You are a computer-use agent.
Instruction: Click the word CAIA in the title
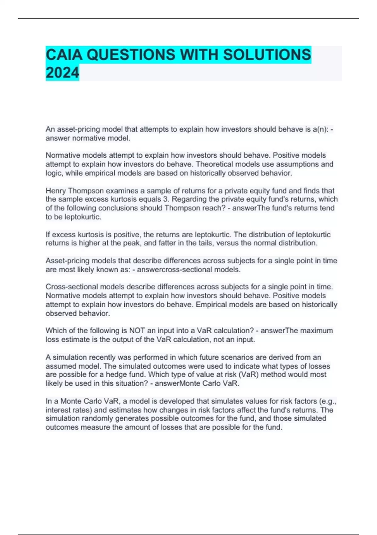click(x=64, y=55)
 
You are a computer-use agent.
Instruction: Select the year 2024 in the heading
click(x=62, y=73)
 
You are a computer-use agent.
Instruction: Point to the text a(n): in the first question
click(x=320, y=129)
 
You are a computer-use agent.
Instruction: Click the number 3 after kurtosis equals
click(x=166, y=199)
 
